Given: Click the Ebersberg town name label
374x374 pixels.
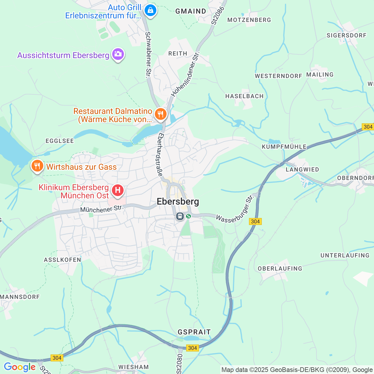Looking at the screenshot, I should [x=178, y=202].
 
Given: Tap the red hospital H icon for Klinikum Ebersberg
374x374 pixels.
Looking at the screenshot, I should [x=118, y=191].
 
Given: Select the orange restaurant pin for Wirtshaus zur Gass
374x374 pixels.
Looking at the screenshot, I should [x=37, y=166].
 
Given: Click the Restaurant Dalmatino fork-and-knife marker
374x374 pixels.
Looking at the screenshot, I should [x=160, y=114].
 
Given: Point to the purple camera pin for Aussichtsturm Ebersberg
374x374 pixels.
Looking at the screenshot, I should [x=118, y=54].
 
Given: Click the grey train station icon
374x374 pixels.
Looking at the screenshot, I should [x=180, y=217].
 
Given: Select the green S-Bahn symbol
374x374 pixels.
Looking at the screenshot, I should [x=188, y=216].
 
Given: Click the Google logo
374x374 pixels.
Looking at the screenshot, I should [x=20, y=367].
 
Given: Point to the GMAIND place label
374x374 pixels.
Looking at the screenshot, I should [x=191, y=11].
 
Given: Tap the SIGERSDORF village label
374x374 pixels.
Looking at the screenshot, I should [x=346, y=35].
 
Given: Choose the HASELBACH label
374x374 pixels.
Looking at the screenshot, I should [x=244, y=96].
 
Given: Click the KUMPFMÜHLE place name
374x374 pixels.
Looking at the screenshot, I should [x=284, y=147].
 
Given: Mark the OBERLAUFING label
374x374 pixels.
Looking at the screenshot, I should [x=280, y=269].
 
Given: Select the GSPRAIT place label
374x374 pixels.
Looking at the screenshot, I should [x=194, y=332].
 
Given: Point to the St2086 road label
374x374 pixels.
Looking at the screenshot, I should [x=218, y=15].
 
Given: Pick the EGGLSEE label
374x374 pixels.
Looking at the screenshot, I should [x=60, y=141].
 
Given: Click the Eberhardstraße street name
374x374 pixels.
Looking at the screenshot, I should [x=160, y=154].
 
